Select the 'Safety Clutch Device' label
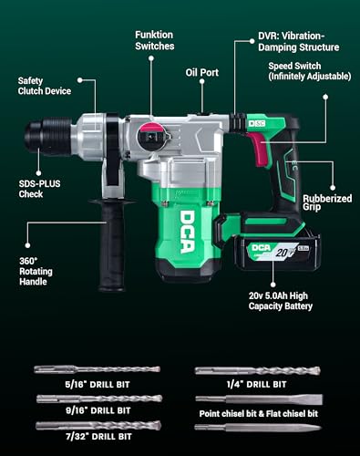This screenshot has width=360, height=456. coord(43,87)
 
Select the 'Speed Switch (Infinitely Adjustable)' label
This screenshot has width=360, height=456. coord(306,72)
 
